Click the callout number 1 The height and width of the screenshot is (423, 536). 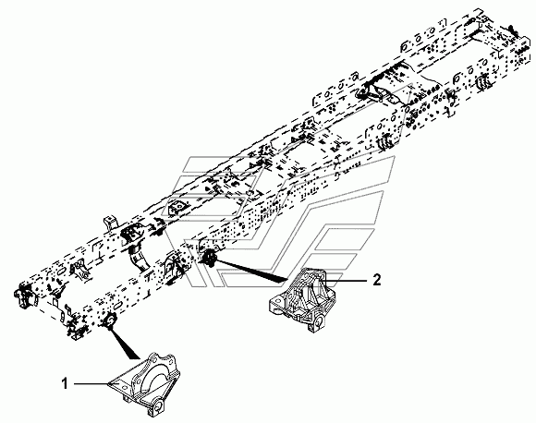66,383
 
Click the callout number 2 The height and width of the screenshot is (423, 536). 376,280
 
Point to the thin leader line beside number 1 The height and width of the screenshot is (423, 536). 91,383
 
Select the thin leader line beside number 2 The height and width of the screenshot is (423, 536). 346,280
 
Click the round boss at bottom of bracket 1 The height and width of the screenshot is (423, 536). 159,405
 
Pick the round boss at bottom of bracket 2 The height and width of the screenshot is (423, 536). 319,321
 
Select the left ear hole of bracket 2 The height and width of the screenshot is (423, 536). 276,303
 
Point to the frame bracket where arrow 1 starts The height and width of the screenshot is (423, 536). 110,320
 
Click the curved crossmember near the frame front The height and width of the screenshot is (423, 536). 140,258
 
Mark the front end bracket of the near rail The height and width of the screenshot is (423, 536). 76,329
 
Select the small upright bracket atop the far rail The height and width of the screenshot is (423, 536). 110,224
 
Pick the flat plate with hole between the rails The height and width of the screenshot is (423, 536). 177,208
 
